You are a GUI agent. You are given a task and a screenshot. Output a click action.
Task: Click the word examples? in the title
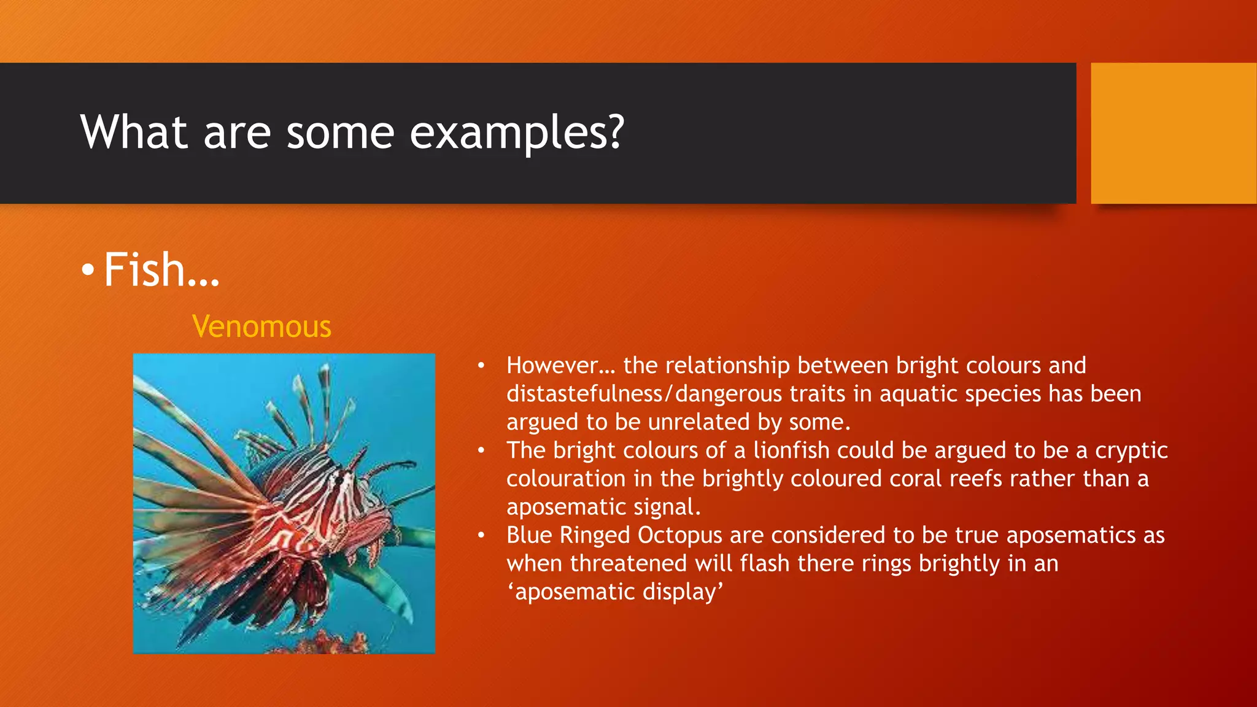click(x=517, y=133)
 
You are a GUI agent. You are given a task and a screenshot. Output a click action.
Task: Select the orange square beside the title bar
click(x=1174, y=133)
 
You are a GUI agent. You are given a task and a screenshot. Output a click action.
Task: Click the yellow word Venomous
click(x=261, y=326)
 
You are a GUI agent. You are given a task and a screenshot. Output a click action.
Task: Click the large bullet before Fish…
click(x=88, y=270)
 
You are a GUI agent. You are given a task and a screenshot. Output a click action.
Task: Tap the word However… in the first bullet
click(x=560, y=366)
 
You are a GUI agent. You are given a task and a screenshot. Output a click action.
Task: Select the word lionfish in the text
click(x=792, y=450)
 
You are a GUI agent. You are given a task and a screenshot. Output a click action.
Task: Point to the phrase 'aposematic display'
click(x=615, y=592)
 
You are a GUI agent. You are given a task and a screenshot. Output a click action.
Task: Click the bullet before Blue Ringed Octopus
click(x=482, y=535)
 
